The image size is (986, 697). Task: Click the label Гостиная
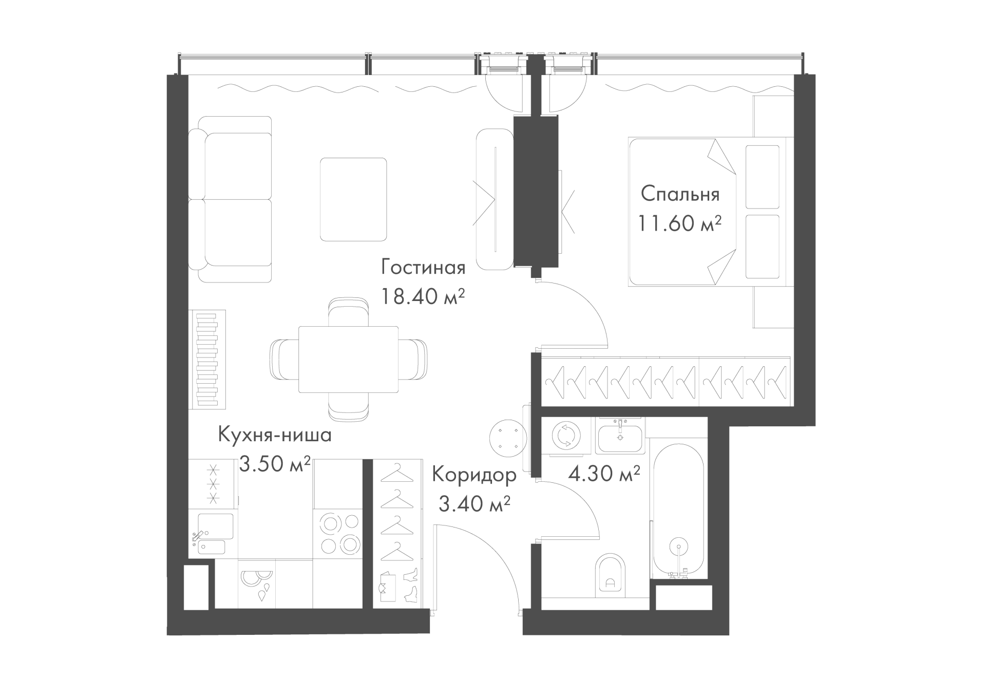(x=423, y=268)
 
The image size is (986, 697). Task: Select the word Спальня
(x=680, y=195)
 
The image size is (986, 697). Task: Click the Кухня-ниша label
(x=275, y=435)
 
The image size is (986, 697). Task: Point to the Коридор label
(x=474, y=475)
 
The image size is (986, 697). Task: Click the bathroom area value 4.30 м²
(x=604, y=473)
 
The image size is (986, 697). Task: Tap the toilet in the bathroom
(x=611, y=577)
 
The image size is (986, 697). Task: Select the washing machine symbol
(x=565, y=436)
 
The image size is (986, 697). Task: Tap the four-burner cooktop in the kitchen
(x=339, y=534)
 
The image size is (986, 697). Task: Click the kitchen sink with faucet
(x=212, y=534)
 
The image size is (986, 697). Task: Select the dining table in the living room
(x=349, y=359)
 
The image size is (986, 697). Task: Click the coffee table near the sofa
(x=353, y=199)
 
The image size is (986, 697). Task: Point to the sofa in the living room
(x=230, y=199)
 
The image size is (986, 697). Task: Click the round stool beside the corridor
(x=508, y=437)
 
